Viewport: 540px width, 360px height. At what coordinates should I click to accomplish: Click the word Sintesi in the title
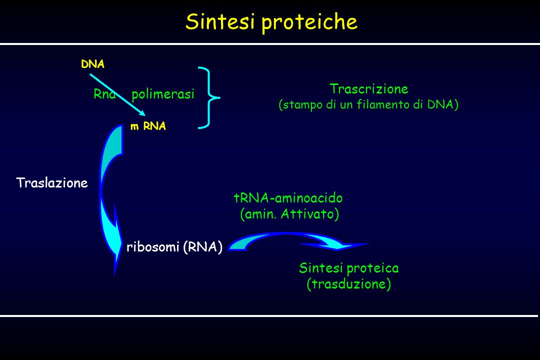click(x=220, y=21)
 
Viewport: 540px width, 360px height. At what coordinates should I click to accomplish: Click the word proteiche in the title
click(x=309, y=22)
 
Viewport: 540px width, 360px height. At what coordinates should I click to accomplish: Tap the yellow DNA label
click(x=92, y=64)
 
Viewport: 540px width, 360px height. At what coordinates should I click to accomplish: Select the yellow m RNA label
click(x=148, y=126)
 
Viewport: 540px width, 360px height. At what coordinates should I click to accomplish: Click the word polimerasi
click(x=163, y=94)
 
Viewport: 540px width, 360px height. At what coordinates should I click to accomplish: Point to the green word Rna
click(x=104, y=94)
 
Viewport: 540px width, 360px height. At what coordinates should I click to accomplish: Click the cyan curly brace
click(x=209, y=98)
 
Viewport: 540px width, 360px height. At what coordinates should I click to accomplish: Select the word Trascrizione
click(x=369, y=89)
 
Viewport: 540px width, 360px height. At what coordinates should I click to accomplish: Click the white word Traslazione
click(x=52, y=182)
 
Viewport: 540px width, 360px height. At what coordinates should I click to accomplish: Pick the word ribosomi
click(x=153, y=246)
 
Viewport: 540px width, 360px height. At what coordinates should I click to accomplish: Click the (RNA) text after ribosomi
click(x=203, y=247)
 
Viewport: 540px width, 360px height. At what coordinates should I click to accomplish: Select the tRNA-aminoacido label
click(x=288, y=198)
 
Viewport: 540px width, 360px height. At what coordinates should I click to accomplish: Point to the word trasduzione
click(x=349, y=284)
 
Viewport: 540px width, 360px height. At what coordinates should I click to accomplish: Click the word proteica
click(x=372, y=268)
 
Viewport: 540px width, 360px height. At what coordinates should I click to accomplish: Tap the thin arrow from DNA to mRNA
click(x=118, y=94)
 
